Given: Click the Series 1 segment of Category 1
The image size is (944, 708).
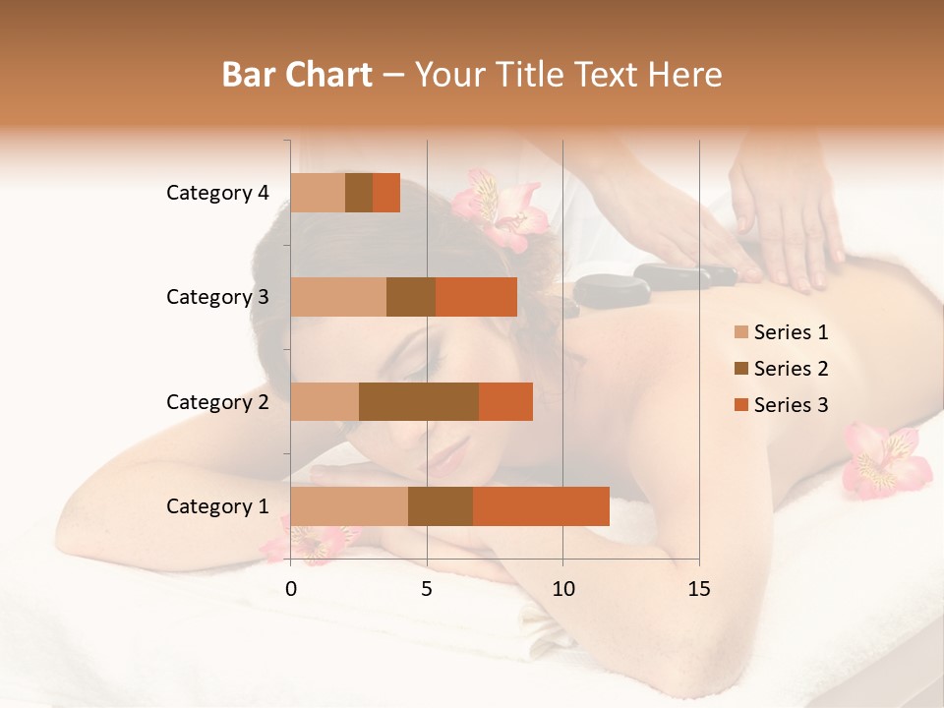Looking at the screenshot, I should pyautogui.click(x=349, y=506).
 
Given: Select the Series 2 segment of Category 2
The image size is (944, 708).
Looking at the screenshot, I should pyautogui.click(x=419, y=401).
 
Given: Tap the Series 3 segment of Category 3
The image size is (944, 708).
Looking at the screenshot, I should pyautogui.click(x=476, y=297).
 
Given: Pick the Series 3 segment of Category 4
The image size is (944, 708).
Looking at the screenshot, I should pyautogui.click(x=386, y=193).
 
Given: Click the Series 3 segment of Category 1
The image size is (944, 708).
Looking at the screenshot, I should pyautogui.click(x=541, y=506).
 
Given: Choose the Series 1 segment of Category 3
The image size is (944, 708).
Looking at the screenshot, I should pyautogui.click(x=338, y=297).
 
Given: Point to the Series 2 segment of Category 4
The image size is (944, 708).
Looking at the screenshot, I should pyautogui.click(x=359, y=193).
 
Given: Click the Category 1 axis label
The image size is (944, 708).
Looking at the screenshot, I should pyautogui.click(x=217, y=506).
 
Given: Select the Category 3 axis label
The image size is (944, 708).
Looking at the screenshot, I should pyautogui.click(x=217, y=297).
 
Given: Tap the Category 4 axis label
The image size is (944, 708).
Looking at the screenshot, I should pyautogui.click(x=217, y=193).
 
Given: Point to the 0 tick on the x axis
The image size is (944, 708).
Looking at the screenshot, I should pyautogui.click(x=291, y=589).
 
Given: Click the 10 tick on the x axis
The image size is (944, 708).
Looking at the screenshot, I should pyautogui.click(x=562, y=589).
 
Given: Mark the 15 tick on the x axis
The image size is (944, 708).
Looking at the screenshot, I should pyautogui.click(x=699, y=589).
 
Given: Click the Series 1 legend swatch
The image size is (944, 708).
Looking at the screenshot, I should pyautogui.click(x=740, y=332).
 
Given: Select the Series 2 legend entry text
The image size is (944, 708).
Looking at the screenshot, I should pyautogui.click(x=791, y=369).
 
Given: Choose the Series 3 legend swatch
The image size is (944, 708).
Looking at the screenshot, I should pyautogui.click(x=740, y=405).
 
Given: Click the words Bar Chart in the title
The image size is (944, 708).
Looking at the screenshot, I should pyautogui.click(x=297, y=74).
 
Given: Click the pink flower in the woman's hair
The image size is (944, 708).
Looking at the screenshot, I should pyautogui.click(x=501, y=209).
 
